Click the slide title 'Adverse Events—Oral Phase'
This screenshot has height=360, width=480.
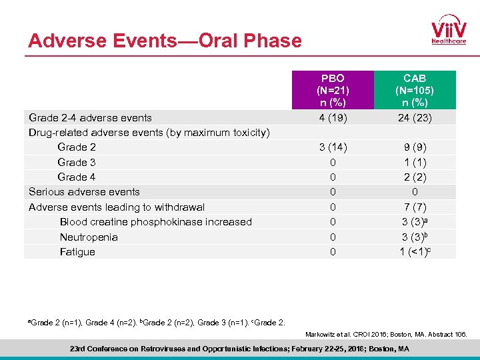[x=165, y=41]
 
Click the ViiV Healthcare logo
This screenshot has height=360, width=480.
[x=449, y=29]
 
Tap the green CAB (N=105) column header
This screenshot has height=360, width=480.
[x=415, y=90]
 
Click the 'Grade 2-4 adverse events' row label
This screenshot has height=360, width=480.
[x=90, y=118]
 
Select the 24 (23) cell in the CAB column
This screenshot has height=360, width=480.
[x=415, y=118]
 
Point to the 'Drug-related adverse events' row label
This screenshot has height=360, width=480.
[x=149, y=133]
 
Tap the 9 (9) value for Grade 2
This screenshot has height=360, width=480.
[x=415, y=147]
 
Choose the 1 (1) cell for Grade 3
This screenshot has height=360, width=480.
[x=415, y=163]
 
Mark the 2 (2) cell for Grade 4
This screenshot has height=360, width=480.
[x=415, y=177]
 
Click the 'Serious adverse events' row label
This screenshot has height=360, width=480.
[x=84, y=192]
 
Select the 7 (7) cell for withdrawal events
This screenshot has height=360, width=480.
[x=415, y=207]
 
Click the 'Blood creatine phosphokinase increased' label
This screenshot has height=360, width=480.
[x=156, y=222]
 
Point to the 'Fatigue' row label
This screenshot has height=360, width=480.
[x=77, y=252]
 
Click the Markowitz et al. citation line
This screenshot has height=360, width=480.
[x=386, y=333]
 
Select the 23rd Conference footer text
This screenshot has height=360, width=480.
[x=239, y=349]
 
